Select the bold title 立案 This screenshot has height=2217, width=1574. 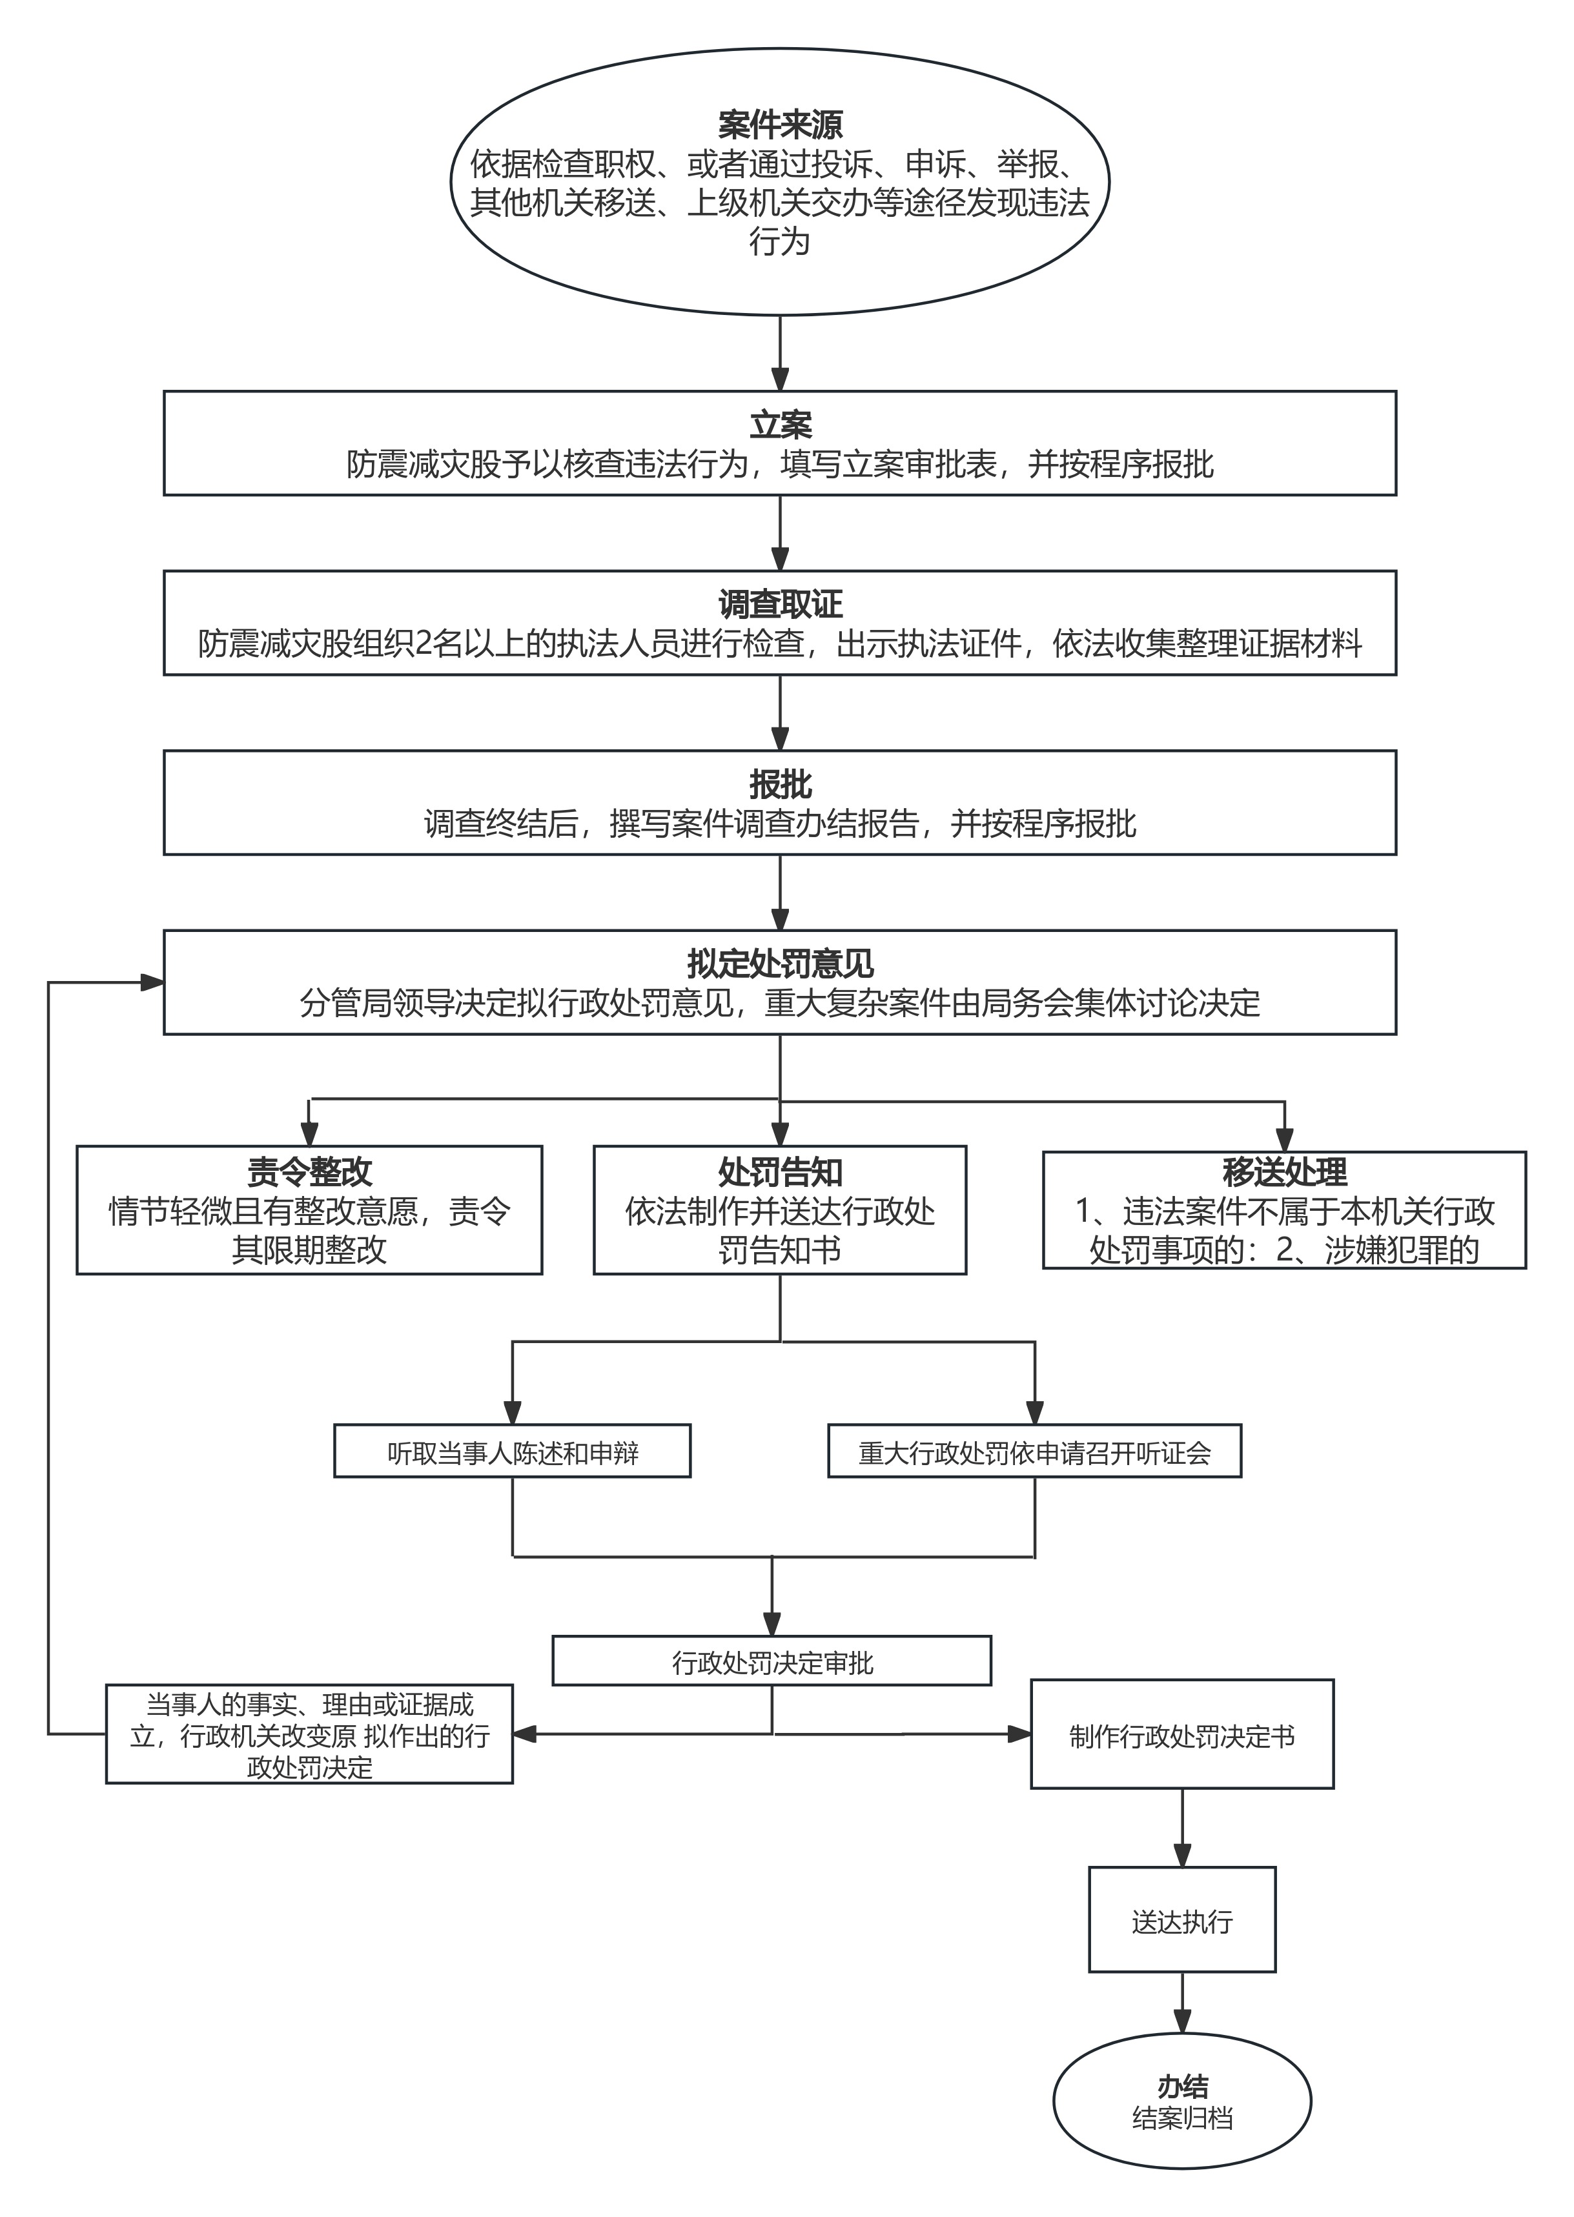coord(780,425)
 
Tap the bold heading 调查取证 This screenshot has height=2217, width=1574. coord(780,603)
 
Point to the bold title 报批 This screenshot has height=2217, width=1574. coord(780,784)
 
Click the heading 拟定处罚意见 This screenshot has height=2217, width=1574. coord(780,963)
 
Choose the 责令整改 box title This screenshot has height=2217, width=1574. coord(309,1171)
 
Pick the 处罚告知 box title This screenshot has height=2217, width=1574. coord(780,1171)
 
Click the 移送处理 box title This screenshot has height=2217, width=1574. coord(1284,1171)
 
